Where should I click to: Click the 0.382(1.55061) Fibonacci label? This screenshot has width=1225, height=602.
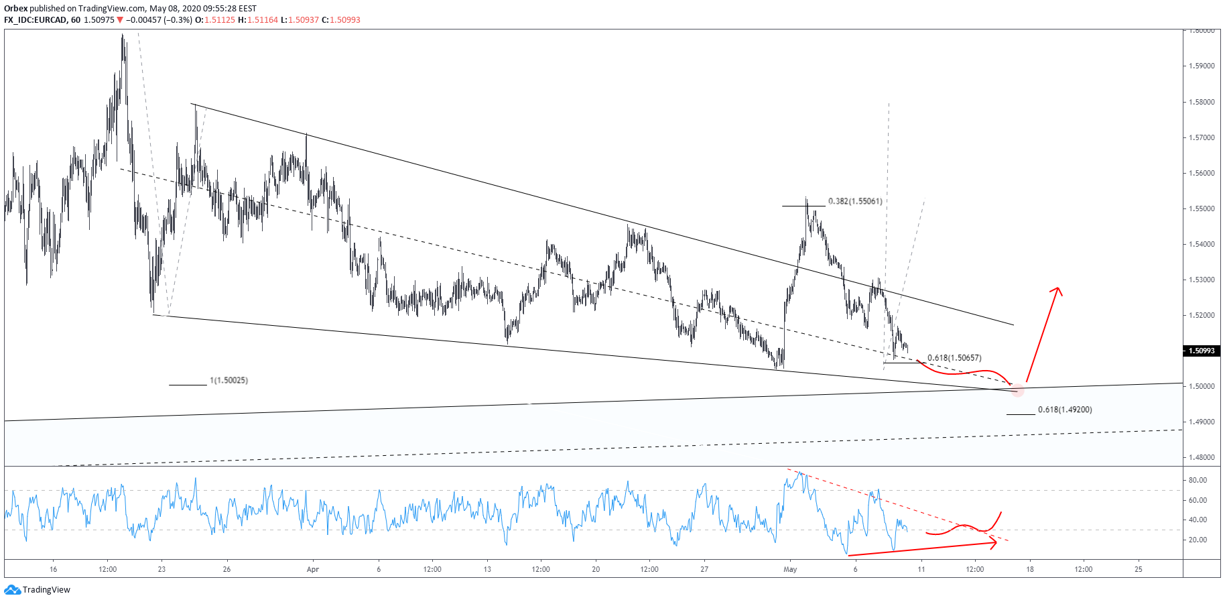855,201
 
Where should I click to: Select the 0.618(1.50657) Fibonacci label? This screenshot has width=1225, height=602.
954,358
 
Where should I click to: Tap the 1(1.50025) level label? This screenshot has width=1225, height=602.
229,381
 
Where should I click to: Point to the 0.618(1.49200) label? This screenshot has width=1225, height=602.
1065,410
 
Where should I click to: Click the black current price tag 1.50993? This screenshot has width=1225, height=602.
1202,351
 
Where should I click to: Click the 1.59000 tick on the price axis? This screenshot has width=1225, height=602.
1202,66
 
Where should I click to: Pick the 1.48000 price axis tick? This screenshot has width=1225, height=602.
1202,457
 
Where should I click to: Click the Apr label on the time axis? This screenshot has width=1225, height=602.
313,569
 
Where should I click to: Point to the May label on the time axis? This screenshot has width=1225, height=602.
791,569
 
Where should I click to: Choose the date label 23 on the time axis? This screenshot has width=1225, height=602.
162,569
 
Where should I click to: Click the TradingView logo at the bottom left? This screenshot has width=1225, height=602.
38,590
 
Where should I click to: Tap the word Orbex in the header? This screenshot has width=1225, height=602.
15,9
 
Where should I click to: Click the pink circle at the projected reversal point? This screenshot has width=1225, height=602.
1017,389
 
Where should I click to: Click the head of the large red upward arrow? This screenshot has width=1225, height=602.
1057,289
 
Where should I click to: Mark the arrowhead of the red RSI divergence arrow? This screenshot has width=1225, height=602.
994,542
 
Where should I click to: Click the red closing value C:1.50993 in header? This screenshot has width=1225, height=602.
341,20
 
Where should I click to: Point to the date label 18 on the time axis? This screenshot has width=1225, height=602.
1030,569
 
